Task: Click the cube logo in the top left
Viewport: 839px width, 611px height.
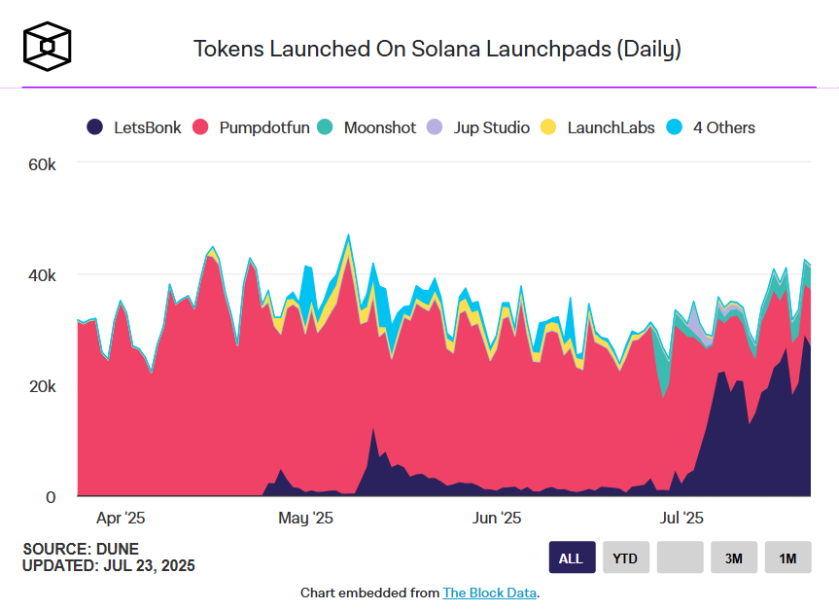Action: click(x=47, y=48)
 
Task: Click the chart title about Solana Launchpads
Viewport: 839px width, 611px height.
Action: click(x=437, y=49)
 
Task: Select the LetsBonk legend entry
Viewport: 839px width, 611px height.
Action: click(x=134, y=127)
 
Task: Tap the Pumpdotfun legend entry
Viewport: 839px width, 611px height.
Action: click(x=251, y=127)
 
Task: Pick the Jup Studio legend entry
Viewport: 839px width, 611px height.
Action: click(x=479, y=127)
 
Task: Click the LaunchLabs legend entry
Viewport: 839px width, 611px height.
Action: click(x=598, y=127)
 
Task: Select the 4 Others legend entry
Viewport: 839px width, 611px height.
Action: click(x=711, y=127)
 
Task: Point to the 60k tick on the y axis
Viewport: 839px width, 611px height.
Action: click(x=42, y=164)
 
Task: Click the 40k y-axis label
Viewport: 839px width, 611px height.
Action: click(x=42, y=275)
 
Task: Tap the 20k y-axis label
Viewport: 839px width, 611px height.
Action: click(x=42, y=386)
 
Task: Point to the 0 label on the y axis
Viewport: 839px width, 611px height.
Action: click(x=52, y=497)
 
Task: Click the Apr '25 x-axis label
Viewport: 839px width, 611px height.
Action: click(x=122, y=518)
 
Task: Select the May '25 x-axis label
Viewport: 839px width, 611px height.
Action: click(x=305, y=518)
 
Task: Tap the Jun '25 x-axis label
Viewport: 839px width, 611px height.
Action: click(x=497, y=518)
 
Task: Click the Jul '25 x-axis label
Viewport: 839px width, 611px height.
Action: click(x=682, y=518)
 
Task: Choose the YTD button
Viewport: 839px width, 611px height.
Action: click(x=626, y=557)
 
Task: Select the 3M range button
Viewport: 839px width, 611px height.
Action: click(x=734, y=557)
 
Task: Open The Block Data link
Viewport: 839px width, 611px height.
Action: click(x=489, y=593)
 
